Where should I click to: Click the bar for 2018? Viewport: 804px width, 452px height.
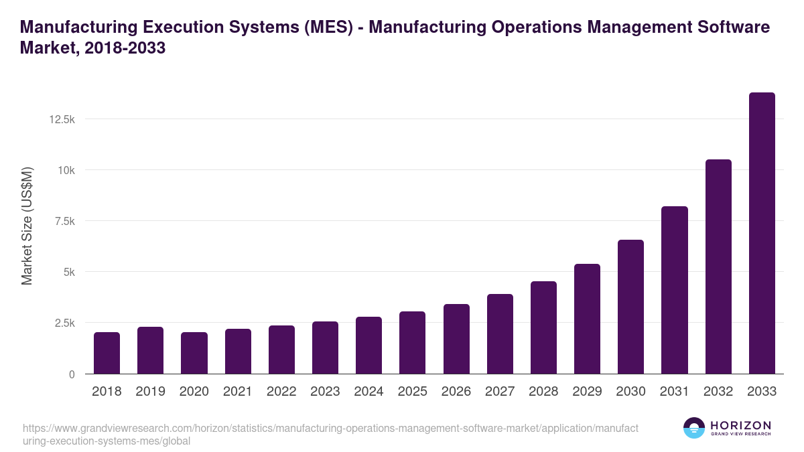point(107,353)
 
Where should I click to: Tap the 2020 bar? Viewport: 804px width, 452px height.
point(194,353)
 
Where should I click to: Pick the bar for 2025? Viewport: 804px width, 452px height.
point(413,342)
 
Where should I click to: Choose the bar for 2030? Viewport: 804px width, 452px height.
point(630,307)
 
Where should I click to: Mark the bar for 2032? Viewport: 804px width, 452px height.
point(718,267)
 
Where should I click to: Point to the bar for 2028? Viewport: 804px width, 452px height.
point(543,327)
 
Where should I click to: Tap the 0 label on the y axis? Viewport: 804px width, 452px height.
point(71,374)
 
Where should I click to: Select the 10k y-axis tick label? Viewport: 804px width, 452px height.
point(66,170)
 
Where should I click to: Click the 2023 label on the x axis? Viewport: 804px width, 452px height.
point(325,392)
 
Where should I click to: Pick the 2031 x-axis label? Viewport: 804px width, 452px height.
point(674,392)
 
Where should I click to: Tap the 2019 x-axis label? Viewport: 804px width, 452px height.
point(150,392)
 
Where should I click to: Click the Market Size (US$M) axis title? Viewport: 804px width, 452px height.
point(27,226)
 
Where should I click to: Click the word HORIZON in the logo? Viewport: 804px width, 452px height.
point(740,425)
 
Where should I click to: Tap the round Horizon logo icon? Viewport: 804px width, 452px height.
point(694,428)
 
